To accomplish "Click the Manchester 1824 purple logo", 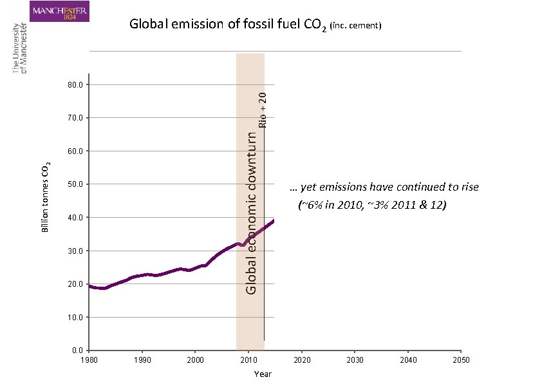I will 60,12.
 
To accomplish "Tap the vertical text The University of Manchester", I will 21,48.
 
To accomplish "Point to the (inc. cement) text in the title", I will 356,26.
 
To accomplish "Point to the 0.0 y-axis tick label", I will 76,350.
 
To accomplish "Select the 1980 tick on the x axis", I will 89,360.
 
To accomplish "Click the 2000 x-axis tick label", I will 195,360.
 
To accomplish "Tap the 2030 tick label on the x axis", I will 355,360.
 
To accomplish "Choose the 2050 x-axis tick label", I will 460,360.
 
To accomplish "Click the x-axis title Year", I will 263,374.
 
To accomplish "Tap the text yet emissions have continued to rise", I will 384,187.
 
